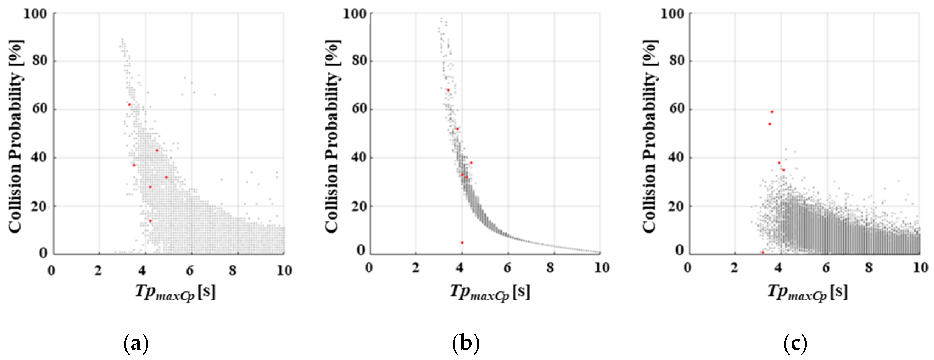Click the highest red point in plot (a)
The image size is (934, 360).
[129, 105]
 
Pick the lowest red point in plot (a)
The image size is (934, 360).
[150, 220]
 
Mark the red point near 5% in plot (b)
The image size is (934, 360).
[462, 243]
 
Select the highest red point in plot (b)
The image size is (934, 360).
[448, 90]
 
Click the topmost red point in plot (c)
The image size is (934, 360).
[772, 112]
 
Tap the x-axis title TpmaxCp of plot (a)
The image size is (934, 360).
[175, 292]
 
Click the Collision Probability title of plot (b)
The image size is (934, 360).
[331, 136]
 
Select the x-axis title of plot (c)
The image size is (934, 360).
[808, 292]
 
